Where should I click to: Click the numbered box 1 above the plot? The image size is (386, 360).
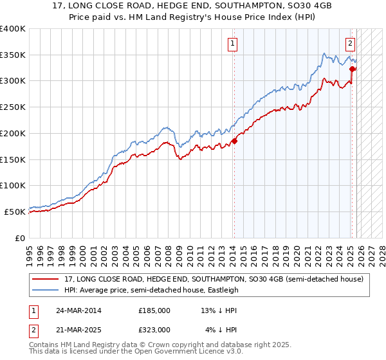[232, 44]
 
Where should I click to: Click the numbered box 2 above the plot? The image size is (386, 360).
[350, 44]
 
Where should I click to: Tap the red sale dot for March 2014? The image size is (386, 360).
[234, 141]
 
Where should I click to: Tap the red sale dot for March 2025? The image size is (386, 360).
[352, 69]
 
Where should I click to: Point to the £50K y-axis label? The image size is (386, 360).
[15, 212]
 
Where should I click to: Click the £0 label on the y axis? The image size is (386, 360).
[20, 238]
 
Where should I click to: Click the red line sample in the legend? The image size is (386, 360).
[46, 279]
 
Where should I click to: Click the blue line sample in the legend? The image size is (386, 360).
[46, 290]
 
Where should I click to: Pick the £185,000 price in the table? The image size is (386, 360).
[154, 310]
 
